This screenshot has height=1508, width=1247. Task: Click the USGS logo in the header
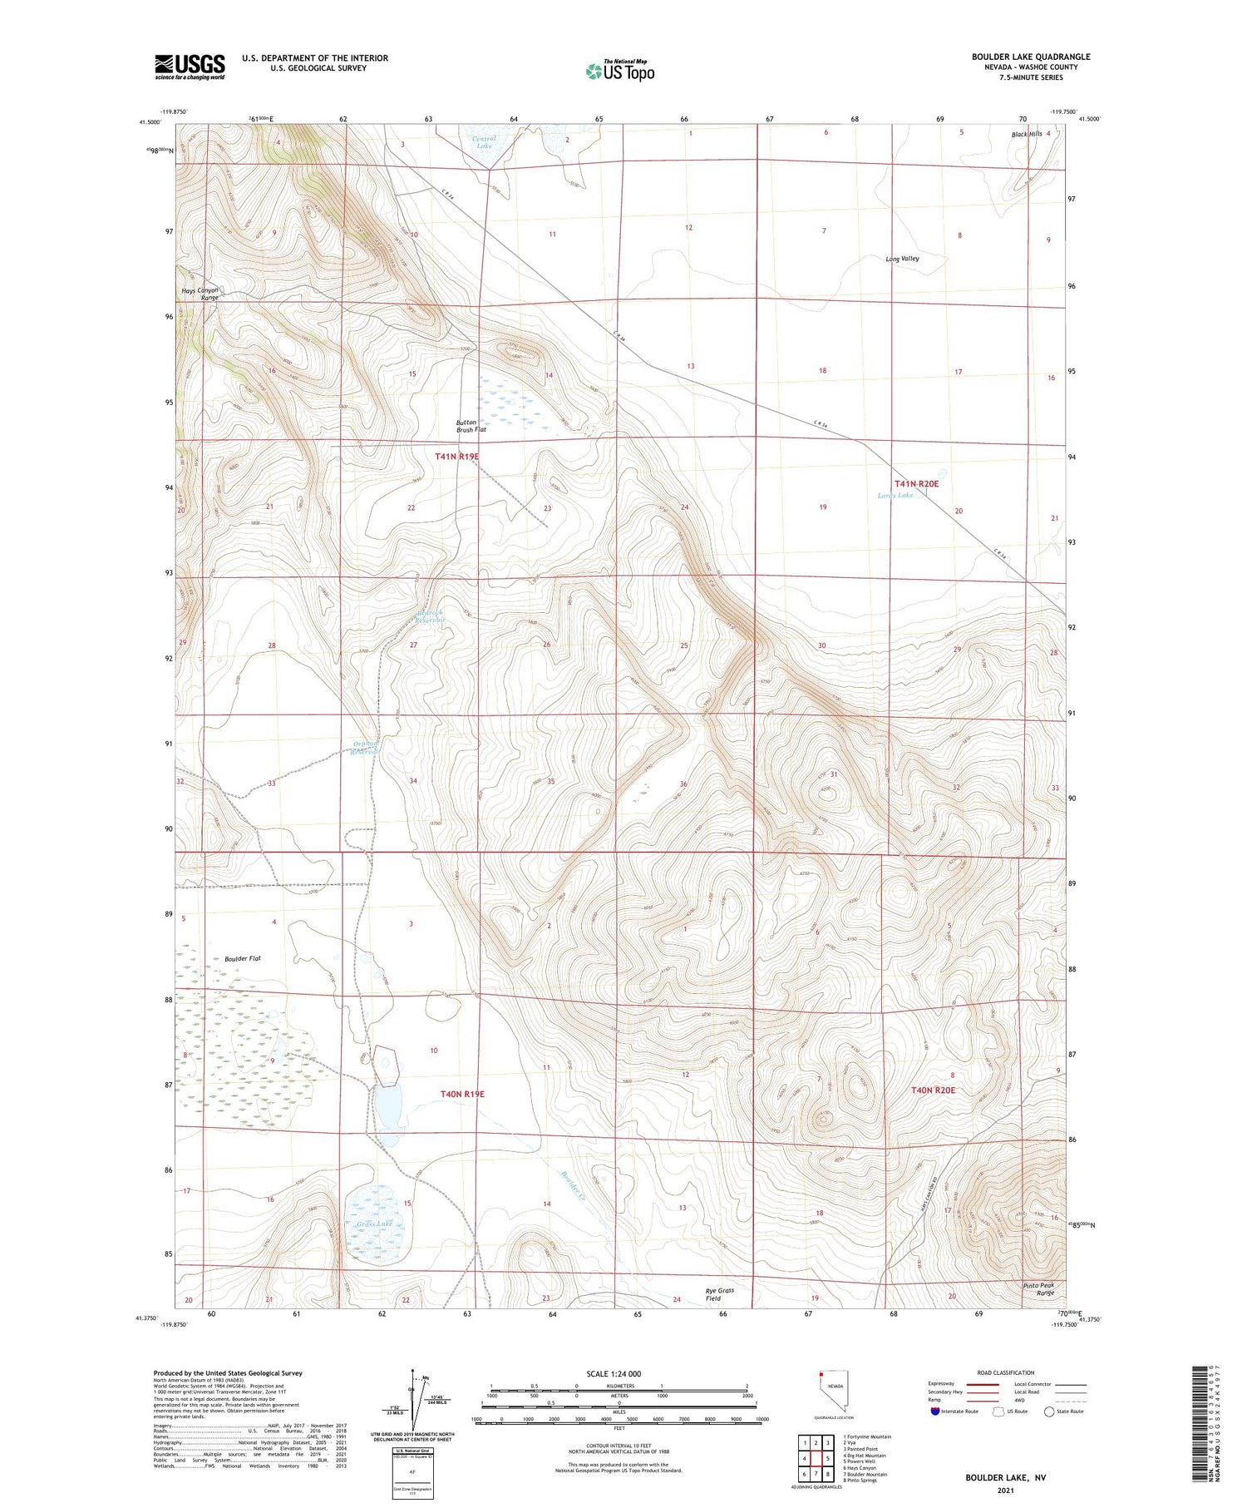coord(190,67)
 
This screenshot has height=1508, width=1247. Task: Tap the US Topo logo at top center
coord(619,71)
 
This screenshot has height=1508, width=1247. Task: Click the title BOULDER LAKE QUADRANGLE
coord(1031,57)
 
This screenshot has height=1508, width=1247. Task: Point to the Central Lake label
coord(484,142)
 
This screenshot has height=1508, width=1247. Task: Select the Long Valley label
coord(902,259)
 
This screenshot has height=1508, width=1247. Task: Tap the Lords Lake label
coord(895,495)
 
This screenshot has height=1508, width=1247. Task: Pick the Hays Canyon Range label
coord(200,294)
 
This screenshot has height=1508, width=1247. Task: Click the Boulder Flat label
coord(243,958)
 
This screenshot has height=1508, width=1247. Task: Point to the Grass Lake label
coord(373,1224)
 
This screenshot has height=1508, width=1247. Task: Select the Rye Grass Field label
coord(720,1294)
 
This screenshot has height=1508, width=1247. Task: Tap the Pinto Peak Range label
coord(1038,1289)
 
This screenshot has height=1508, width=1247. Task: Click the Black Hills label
coord(1027,134)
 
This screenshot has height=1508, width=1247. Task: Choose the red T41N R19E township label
coord(457,457)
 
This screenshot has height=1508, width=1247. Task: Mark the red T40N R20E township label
coord(933,1090)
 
